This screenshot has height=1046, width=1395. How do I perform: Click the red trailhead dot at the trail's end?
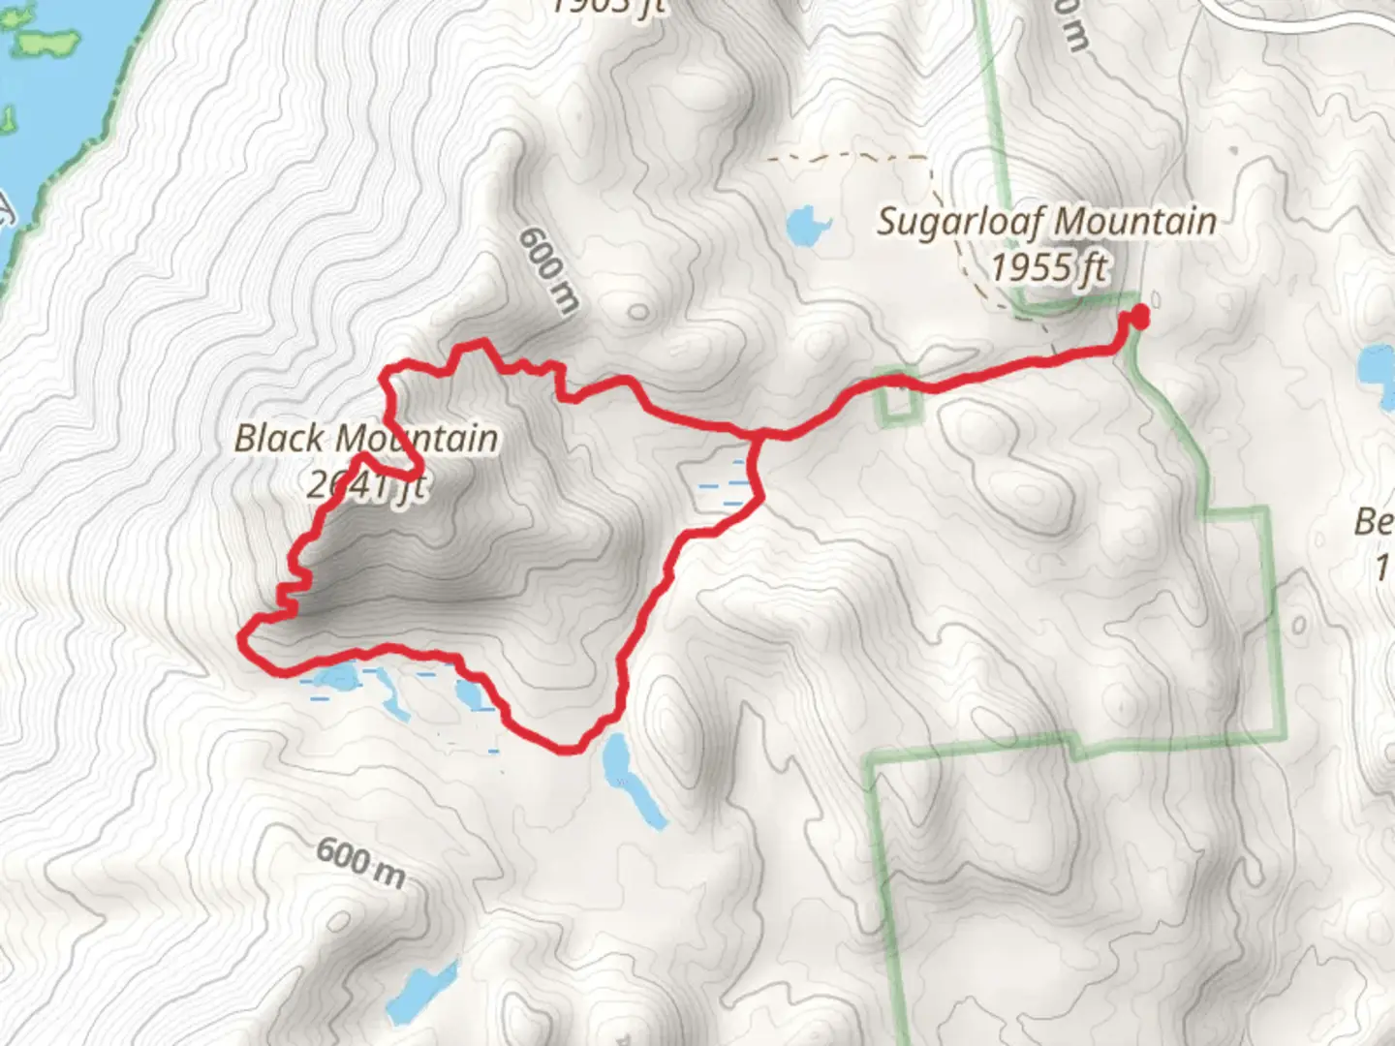pyautogui.click(x=1139, y=316)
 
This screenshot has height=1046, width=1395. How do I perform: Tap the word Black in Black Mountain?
pyautogui.click(x=279, y=439)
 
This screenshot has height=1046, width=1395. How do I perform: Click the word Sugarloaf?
pyautogui.click(x=959, y=222)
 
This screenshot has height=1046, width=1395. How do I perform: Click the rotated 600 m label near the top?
pyautogui.click(x=548, y=270)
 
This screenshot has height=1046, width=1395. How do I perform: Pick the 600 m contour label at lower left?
pyautogui.click(x=359, y=862)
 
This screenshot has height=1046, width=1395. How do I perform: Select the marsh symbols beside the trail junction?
pyautogui.click(x=722, y=482)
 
